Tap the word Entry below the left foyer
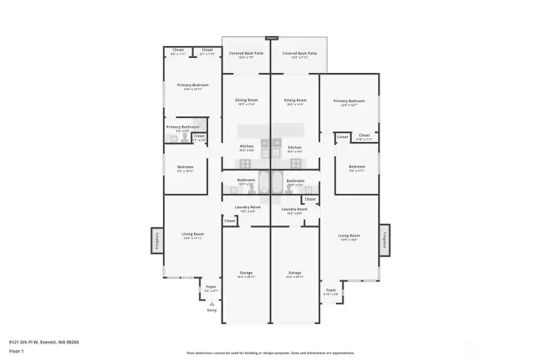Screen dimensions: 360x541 tap(212, 310)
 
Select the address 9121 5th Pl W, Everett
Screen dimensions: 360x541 tap(44, 342)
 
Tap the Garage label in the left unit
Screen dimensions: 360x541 tap(246, 272)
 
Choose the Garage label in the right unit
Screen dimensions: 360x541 tap(295, 272)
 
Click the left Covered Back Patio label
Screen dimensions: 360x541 tap(246, 53)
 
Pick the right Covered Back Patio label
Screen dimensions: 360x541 tap(299, 53)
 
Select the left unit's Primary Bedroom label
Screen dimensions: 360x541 tap(193, 85)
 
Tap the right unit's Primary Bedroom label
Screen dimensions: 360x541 tap(349, 100)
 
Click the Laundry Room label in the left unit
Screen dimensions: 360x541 tap(247, 207)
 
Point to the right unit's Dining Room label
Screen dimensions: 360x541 tap(295, 100)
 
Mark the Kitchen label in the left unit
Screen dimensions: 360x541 tap(246, 147)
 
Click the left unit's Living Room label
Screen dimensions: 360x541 tap(193, 234)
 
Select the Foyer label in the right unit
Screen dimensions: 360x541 tap(331, 289)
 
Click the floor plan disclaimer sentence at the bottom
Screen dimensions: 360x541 tap(270, 352)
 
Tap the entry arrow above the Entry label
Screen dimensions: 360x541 tap(212, 303)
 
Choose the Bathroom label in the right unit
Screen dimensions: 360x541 tap(295, 180)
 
